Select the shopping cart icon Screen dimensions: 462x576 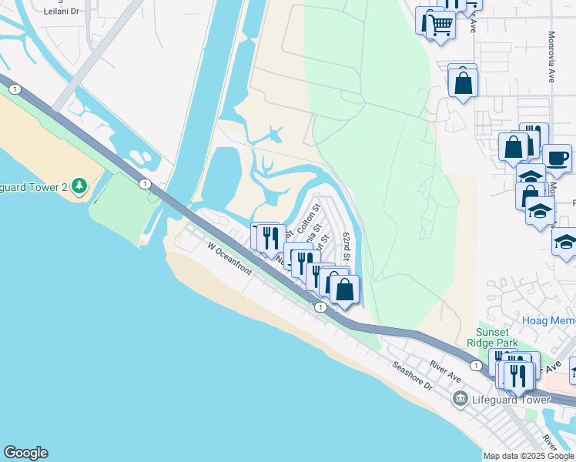click(x=440, y=25)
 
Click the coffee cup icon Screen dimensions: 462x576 click(x=558, y=159)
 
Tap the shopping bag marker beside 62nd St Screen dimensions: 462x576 click(x=345, y=290)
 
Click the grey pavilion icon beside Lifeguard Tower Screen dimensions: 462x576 click(x=460, y=398)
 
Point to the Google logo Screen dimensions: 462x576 click(x=25, y=453)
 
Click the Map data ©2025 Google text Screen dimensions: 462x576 click(x=529, y=456)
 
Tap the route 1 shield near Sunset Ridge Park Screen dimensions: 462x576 click(x=477, y=365)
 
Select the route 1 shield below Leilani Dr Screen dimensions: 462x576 click(x=15, y=89)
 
